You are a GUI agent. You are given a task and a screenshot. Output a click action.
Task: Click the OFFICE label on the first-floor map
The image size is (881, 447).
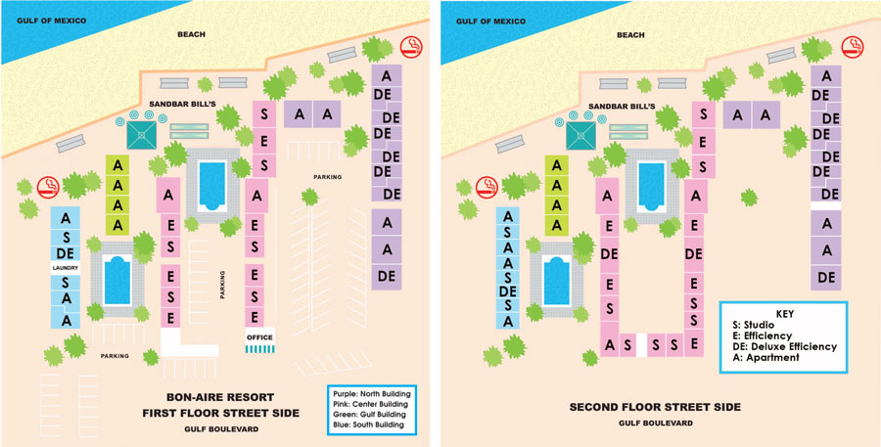[260, 337]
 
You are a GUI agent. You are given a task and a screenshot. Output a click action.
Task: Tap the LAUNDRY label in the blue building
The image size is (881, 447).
[65, 267]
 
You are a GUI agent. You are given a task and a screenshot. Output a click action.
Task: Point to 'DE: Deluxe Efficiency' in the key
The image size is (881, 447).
[786, 346]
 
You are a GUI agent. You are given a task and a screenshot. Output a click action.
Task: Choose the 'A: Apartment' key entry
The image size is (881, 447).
[765, 358]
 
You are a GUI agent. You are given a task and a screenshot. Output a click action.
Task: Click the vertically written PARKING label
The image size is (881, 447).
[222, 285]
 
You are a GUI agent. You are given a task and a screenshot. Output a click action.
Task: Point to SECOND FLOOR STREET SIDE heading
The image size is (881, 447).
[655, 407]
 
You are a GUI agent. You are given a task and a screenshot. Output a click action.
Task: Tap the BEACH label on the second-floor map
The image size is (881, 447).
[631, 35]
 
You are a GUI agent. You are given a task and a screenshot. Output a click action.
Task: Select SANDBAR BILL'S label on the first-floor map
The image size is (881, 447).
[176, 102]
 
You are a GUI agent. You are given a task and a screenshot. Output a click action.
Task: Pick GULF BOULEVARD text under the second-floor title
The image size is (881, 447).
[655, 424]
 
